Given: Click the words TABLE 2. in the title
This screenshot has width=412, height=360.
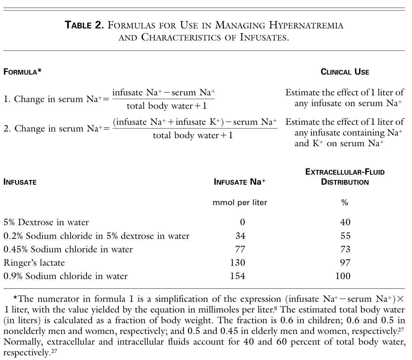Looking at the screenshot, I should click(x=84, y=25).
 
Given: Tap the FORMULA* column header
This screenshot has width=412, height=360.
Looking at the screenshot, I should click(x=22, y=72).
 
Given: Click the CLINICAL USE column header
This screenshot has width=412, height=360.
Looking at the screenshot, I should click(x=345, y=72).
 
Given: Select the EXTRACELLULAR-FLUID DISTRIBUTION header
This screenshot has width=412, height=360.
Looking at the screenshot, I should click(x=345, y=177).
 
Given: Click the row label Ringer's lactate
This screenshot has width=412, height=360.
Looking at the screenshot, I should click(x=34, y=263).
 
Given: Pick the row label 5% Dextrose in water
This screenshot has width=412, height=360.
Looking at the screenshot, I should click(x=46, y=222).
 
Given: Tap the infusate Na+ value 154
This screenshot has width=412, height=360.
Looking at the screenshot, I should click(x=237, y=276).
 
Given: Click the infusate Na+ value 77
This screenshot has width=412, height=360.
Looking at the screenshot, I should click(x=240, y=249).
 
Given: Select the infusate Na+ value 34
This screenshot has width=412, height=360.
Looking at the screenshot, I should click(x=240, y=236).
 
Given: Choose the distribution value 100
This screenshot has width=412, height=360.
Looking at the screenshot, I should click(x=342, y=276).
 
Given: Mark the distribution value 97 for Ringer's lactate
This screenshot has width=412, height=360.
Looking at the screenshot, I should click(x=345, y=263).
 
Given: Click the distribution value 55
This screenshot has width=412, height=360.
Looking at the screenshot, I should click(x=345, y=236).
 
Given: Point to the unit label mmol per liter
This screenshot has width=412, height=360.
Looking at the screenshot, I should click(x=240, y=202).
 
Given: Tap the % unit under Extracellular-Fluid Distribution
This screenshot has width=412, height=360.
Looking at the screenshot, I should click(x=345, y=202).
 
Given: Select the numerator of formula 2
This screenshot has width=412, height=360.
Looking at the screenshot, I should click(x=195, y=122).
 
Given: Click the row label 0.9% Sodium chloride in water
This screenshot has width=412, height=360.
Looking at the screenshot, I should click(x=66, y=276).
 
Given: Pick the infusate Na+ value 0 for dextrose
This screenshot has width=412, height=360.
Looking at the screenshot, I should click(x=242, y=222).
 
